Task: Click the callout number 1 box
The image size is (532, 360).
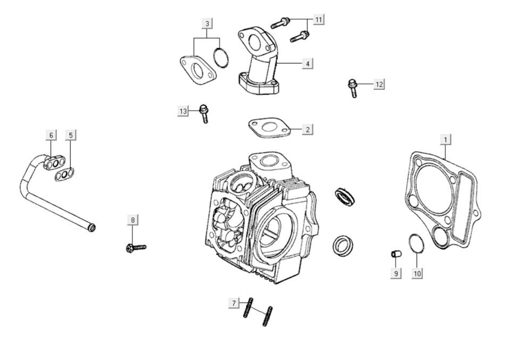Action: click(446, 139)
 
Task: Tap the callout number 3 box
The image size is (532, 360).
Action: click(207, 23)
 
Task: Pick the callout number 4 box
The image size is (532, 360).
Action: click(307, 64)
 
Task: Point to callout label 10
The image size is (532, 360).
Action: click(417, 273)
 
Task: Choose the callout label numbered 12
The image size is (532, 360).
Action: click(379, 85)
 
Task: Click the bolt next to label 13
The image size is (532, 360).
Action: click(204, 113)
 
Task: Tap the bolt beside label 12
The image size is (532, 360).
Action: click(353, 87)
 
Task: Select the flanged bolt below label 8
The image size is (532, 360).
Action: click(135, 247)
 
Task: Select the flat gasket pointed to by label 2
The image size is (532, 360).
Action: click(269, 128)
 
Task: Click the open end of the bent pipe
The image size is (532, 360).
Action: click(93, 228)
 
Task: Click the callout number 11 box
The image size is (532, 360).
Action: click(319, 20)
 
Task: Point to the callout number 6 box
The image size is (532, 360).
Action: click(51, 135)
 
